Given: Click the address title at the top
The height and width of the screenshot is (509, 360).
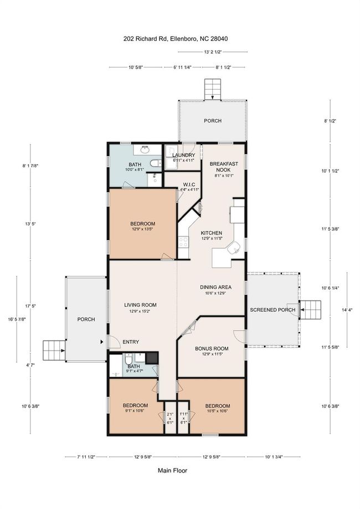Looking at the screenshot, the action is (x=176, y=39).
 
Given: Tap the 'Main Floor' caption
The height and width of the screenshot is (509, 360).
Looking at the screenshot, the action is (x=172, y=470).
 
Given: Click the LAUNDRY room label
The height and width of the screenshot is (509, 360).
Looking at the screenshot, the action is (x=184, y=155).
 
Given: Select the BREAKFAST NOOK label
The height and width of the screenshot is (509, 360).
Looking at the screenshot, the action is (x=224, y=167).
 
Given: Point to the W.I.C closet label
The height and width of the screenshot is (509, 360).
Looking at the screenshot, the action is (x=189, y=184).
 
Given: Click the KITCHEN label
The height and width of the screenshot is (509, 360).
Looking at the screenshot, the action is (x=212, y=233).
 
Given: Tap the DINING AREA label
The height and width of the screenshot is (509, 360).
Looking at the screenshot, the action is (x=215, y=287).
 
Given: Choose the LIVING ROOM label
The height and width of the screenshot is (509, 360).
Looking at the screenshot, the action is (x=140, y=305).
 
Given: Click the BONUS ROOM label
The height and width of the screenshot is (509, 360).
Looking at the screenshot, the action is (x=212, y=348).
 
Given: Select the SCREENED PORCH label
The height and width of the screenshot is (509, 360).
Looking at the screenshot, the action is (x=272, y=310).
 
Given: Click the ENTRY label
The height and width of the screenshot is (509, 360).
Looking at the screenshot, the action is (x=131, y=342).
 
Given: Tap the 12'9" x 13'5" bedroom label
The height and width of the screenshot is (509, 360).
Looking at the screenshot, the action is (x=143, y=225).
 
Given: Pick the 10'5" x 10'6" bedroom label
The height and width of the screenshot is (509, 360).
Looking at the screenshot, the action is (x=218, y=408).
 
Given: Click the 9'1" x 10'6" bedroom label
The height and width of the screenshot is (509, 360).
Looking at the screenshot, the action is (x=135, y=408).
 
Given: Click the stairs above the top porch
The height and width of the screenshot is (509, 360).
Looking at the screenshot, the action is (x=213, y=89).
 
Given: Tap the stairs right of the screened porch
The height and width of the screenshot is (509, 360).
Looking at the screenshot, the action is (x=310, y=310).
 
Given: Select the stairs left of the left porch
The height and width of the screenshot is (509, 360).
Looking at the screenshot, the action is (x=54, y=350).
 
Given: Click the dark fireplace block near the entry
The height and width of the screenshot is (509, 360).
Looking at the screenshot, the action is (x=152, y=358).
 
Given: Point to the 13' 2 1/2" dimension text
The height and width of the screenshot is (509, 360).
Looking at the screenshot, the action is (x=213, y=52).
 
